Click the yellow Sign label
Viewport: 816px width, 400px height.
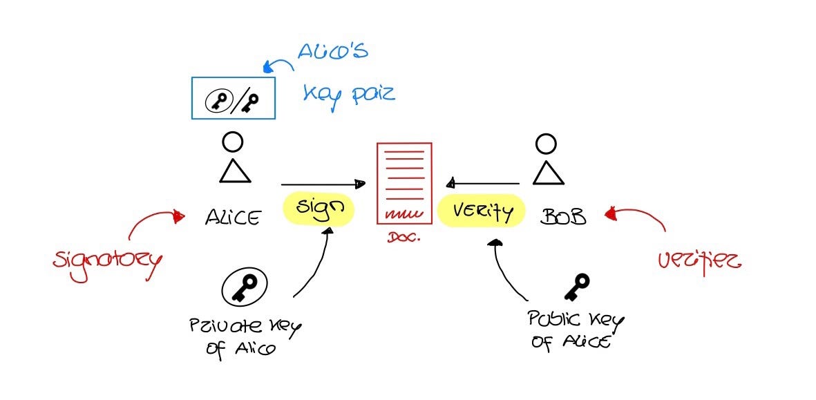coord(319,208)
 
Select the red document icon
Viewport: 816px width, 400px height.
coord(404,183)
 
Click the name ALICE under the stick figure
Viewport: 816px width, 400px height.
coord(233,218)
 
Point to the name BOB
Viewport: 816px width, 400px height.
coord(563,218)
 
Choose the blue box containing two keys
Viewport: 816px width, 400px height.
coord(233,97)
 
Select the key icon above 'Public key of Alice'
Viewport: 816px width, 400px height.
coord(577,286)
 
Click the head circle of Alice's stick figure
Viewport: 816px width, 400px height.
coord(233,142)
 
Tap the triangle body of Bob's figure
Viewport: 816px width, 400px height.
coord(548,173)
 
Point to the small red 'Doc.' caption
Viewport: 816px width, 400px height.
coord(401,236)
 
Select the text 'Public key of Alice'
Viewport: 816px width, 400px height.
coord(575,330)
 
